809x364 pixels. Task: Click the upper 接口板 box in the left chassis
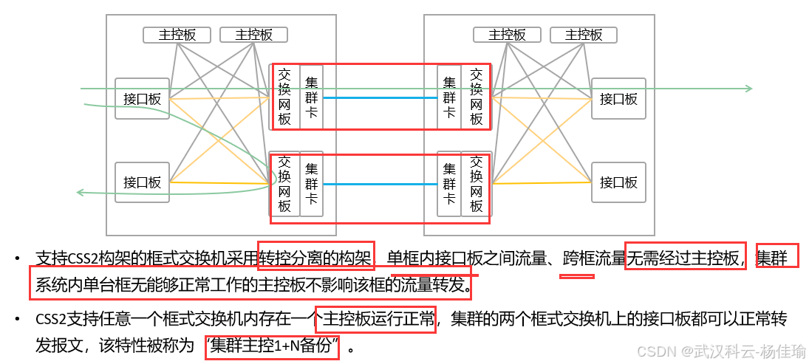click(142, 98)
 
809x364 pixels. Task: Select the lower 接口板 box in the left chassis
click(142, 182)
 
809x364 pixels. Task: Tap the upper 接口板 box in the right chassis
click(618, 98)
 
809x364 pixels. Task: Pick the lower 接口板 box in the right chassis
click(618, 182)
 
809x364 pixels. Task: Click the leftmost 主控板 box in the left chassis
click(177, 35)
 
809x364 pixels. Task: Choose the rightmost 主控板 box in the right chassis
click(584, 35)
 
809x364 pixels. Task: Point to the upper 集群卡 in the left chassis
click(312, 97)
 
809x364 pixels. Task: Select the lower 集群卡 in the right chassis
click(449, 184)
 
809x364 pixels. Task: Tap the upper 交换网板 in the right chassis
click(476, 97)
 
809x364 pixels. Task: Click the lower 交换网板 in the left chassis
click(285, 184)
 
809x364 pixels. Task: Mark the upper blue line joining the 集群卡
click(380, 97)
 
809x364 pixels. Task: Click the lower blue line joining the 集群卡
click(380, 184)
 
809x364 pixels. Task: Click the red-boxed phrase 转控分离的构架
click(316, 258)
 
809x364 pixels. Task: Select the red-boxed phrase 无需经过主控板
click(685, 258)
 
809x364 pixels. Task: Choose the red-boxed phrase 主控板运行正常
click(375, 320)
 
